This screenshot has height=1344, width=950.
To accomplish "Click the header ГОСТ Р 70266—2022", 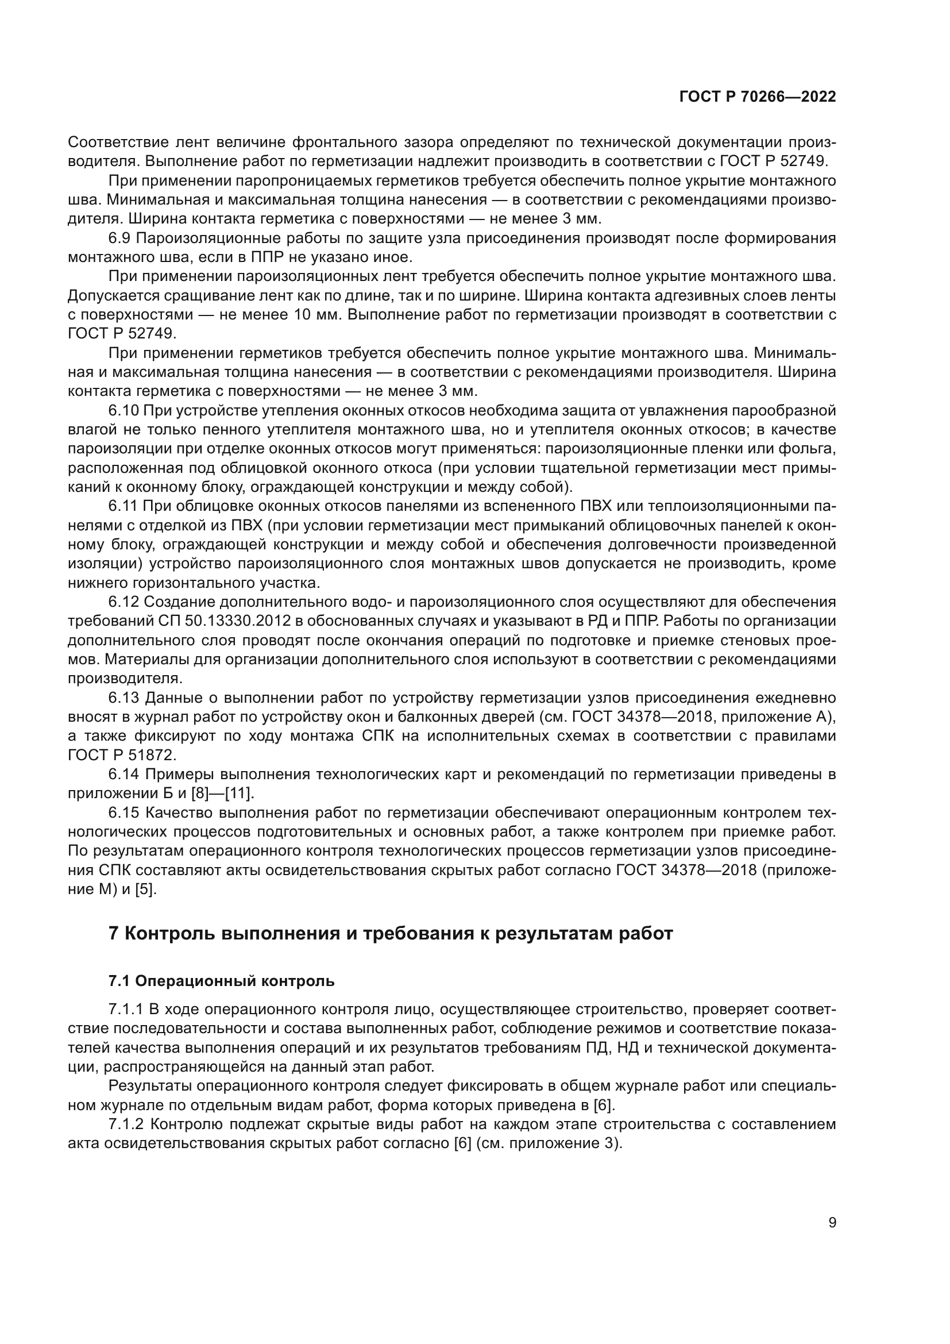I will pos(757,97).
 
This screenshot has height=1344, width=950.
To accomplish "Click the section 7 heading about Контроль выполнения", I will pos(391,933).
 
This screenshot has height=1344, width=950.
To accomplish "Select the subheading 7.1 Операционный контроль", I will pos(222,981).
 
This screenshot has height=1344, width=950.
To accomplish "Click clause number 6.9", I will pos(121,238).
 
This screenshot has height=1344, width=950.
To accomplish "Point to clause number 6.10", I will pos(125,411).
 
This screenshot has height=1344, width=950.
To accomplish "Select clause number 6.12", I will pos(125,602).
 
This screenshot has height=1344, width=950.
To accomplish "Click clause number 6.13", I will pos(125,698).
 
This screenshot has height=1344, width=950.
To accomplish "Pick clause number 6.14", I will pos(125,775).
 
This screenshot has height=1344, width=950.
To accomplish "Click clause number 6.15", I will pos(125,812).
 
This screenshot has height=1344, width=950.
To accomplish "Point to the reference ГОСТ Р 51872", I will pos(122,755).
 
